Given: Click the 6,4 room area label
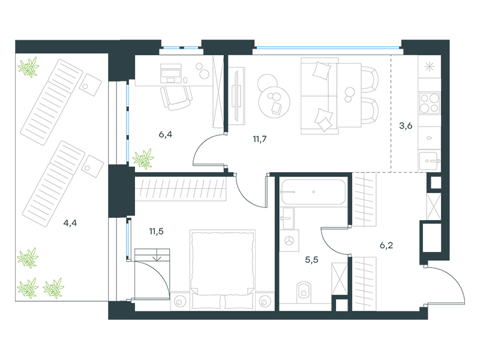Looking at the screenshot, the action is pyautogui.click(x=166, y=134).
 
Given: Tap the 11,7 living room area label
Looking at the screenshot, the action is pyautogui.click(x=260, y=139).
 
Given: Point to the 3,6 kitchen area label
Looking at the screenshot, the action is pyautogui.click(x=406, y=126).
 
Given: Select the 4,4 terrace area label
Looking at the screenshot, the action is pyautogui.click(x=70, y=223).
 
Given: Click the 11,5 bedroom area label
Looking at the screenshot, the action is pyautogui.click(x=156, y=232).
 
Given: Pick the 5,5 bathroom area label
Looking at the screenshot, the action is pyautogui.click(x=311, y=260).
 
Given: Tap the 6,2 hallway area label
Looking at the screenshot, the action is pyautogui.click(x=386, y=245).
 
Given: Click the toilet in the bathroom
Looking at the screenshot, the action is pyautogui.click(x=304, y=292).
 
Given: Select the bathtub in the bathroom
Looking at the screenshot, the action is pyautogui.click(x=313, y=192).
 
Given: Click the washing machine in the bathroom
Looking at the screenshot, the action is pyautogui.click(x=289, y=241).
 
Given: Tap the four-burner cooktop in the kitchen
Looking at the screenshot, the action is pyautogui.click(x=430, y=103).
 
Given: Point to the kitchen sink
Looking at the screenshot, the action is pyautogui.click(x=430, y=160).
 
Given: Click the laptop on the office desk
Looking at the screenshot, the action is pyautogui.click(x=171, y=73).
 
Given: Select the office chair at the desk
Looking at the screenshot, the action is pyautogui.click(x=176, y=98).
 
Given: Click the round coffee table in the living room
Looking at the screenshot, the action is pyautogui.click(x=274, y=101).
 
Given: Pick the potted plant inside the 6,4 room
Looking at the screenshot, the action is pyautogui.click(x=143, y=159).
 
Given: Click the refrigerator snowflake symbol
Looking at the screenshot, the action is pyautogui.click(x=430, y=67).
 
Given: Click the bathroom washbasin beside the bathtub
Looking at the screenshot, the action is pyautogui.click(x=288, y=218).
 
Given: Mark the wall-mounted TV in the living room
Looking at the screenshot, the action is pyautogui.click(x=236, y=95).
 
